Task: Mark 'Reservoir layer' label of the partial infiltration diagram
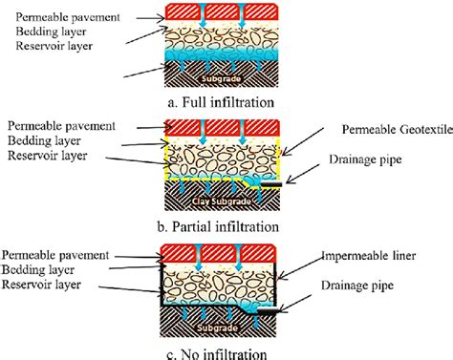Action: click(47, 154)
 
